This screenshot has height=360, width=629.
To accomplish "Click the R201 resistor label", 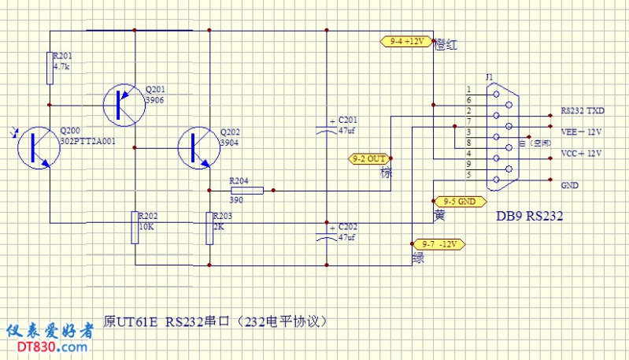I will (61, 56).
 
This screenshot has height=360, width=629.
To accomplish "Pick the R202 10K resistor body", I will (135, 228).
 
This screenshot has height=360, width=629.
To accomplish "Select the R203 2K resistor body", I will (209, 228).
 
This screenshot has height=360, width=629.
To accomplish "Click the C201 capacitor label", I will (347, 120).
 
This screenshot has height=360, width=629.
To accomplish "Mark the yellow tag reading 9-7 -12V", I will (438, 243).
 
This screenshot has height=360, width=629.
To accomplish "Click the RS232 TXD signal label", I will (583, 111).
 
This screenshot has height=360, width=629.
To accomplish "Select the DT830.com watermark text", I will (48, 347).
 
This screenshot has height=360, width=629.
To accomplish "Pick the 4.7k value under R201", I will (61, 67).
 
